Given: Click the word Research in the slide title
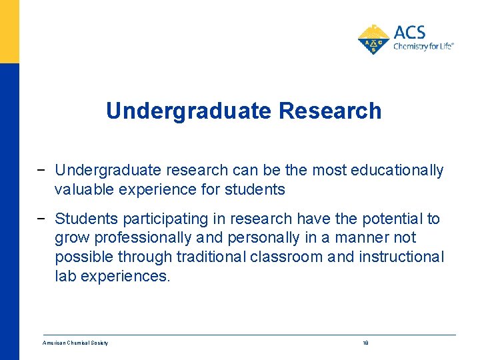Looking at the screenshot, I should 330,111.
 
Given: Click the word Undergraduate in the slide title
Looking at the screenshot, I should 189,111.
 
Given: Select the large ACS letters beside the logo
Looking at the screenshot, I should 409,32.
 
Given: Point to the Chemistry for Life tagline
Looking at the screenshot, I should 423,47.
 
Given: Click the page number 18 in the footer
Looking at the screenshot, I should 365,343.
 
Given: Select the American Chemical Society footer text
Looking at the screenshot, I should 75,343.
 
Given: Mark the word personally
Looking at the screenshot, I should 261,237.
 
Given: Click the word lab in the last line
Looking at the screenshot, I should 65,275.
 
